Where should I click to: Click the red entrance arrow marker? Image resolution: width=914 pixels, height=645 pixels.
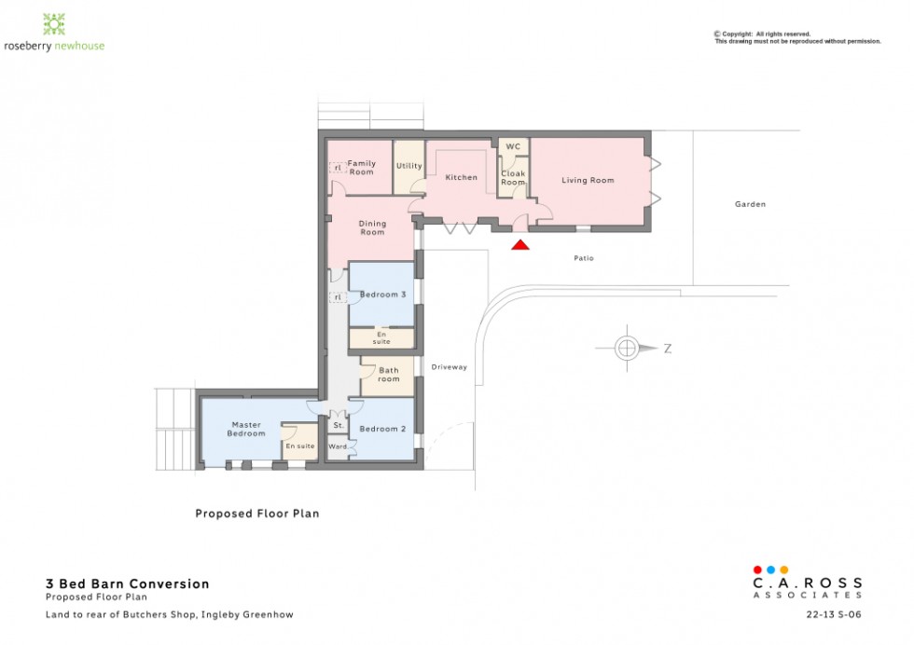click(x=520, y=245)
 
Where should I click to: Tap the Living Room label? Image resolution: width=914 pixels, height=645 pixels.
click(x=588, y=180)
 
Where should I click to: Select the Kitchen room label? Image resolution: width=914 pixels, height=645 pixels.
click(x=461, y=177)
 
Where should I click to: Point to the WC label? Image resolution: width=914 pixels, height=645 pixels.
click(x=513, y=147)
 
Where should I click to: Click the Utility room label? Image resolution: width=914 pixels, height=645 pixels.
click(x=409, y=166)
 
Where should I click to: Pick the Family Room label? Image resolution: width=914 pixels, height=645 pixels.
click(x=362, y=168)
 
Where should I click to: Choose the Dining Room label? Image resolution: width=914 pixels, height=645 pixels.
click(x=372, y=227)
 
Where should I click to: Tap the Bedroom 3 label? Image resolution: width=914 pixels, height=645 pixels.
click(x=383, y=295)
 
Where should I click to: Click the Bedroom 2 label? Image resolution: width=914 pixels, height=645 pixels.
click(x=382, y=429)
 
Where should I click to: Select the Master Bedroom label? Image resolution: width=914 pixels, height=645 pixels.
click(x=247, y=429)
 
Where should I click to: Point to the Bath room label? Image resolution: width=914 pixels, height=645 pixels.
click(x=388, y=375)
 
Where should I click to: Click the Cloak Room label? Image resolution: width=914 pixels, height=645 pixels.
click(x=513, y=177)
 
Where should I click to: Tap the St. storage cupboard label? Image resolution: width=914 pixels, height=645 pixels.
click(x=338, y=426)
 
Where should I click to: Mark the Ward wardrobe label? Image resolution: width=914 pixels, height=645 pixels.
click(x=338, y=446)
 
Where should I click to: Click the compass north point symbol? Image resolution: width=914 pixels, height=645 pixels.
click(x=627, y=349)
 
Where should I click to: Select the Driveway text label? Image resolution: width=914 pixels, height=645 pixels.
click(x=449, y=367)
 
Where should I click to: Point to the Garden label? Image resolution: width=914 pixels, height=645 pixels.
click(x=749, y=203)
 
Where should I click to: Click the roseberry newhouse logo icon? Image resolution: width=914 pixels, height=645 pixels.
click(x=54, y=23)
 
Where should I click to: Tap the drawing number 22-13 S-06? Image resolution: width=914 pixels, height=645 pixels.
click(x=834, y=615)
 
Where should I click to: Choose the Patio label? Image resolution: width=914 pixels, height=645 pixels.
click(x=584, y=258)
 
